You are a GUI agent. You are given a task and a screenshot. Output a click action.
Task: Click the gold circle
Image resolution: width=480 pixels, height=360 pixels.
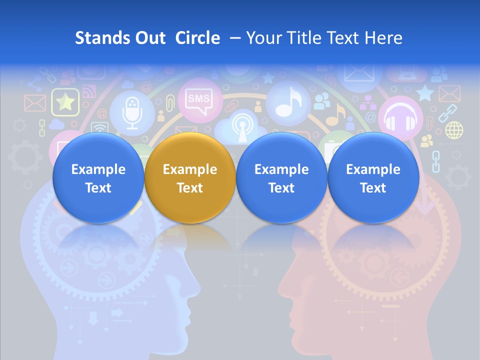(x=190, y=177)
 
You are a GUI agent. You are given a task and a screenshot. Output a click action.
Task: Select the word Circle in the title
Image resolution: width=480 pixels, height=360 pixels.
(x=197, y=38)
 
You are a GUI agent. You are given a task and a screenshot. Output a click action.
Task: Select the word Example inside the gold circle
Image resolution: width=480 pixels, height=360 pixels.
(x=190, y=169)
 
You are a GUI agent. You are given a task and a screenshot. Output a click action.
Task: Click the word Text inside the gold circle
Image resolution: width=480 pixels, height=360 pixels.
(x=190, y=188)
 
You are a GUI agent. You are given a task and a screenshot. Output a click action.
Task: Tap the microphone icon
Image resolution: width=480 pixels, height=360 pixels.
(x=132, y=112)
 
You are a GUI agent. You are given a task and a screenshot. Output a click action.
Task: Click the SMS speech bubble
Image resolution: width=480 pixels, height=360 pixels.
(x=198, y=99)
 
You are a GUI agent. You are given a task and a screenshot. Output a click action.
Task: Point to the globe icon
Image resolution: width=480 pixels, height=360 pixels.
(x=454, y=130)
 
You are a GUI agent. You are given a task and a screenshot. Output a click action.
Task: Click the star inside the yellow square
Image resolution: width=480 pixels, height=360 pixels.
(x=65, y=102)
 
